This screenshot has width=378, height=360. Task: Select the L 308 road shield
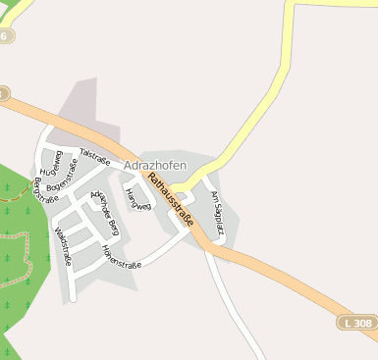(x=359, y=322)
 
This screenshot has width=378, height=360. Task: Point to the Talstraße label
(x=93, y=154)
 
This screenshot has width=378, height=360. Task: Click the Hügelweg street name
(x=59, y=163)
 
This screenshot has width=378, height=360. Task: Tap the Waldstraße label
(x=64, y=246)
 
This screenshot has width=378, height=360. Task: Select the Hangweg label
(x=138, y=199)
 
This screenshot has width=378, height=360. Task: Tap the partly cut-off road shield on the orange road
(x=3, y=94)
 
